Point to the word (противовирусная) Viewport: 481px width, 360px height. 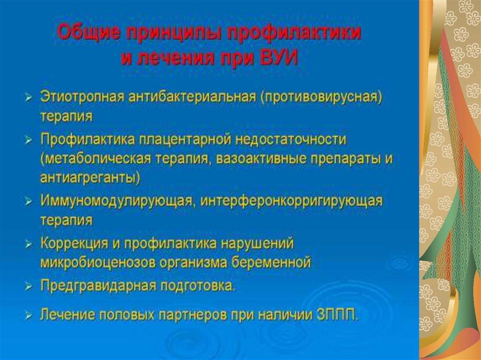tap(321, 97)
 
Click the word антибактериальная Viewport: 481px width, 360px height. tap(192, 97)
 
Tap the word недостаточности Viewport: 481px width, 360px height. tap(291, 139)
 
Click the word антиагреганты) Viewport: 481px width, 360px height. tap(90, 178)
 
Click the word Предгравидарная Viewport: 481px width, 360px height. tap(99, 286)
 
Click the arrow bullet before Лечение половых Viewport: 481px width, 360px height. tap(29, 315)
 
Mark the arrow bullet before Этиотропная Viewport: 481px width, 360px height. tap(29, 98)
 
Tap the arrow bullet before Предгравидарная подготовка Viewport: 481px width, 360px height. tap(29, 287)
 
